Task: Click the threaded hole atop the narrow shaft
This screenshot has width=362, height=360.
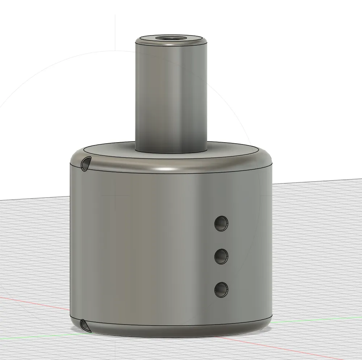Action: (x=171, y=38)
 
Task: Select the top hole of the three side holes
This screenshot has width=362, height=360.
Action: (x=221, y=224)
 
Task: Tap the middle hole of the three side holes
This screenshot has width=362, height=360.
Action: (x=221, y=256)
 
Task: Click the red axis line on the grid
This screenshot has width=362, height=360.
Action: (x=36, y=304)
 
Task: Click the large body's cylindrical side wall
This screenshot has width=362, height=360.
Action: (x=145, y=246)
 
